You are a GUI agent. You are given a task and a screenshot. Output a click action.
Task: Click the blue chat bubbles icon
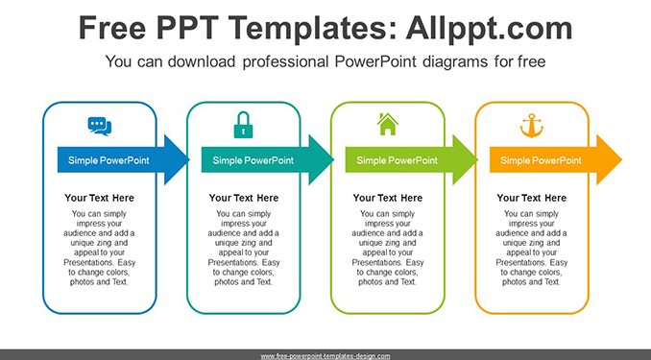(100, 126)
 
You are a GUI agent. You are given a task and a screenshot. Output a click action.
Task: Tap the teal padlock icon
(243, 125)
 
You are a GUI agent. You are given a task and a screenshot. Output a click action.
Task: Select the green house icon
(388, 124)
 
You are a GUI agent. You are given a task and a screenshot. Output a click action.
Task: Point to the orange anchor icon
(532, 126)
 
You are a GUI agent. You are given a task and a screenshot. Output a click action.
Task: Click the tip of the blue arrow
(189, 160)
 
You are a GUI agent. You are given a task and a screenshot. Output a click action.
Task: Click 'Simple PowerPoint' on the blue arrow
(108, 160)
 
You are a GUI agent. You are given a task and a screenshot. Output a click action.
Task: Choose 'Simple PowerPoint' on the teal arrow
(253, 160)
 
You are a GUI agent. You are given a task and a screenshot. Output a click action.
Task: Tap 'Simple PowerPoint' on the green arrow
(397, 160)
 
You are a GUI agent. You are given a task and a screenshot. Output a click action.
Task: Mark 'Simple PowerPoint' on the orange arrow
(541, 160)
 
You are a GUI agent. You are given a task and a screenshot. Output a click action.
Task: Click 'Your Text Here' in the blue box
(99, 198)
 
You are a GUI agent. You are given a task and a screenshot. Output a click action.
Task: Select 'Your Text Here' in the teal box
(244, 198)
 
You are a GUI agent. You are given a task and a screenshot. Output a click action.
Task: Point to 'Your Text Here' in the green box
(388, 198)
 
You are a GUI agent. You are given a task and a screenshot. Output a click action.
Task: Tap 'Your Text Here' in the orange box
(532, 198)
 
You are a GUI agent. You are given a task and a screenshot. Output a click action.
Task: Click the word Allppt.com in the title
(489, 29)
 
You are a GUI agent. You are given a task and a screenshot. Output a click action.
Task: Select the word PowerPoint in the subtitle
(375, 61)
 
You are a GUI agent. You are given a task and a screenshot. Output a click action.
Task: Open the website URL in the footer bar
(325, 356)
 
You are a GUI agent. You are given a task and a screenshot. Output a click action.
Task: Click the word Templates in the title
(310, 28)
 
